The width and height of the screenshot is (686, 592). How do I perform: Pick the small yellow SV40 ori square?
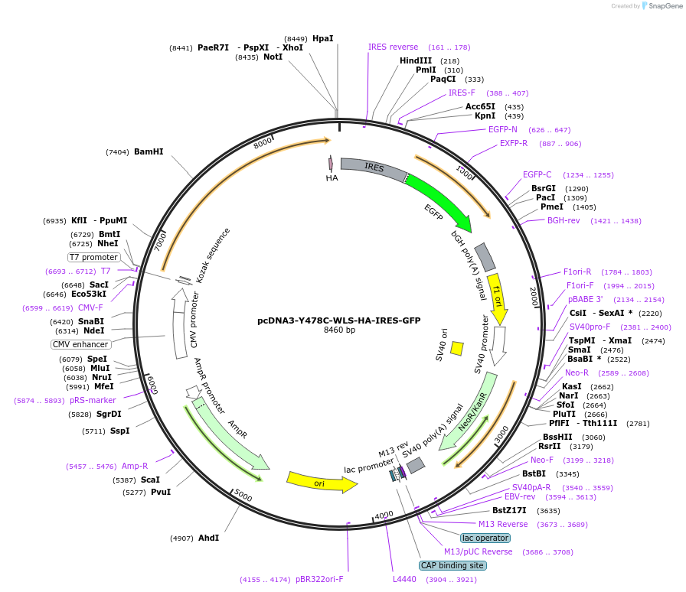click(x=456, y=348)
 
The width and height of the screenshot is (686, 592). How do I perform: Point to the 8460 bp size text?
click(x=339, y=330)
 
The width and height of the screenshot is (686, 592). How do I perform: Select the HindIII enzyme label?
click(x=416, y=61)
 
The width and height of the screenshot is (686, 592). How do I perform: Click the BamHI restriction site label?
click(x=149, y=152)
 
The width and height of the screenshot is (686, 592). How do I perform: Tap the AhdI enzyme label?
click(x=208, y=538)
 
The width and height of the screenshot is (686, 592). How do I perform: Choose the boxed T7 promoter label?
click(x=94, y=258)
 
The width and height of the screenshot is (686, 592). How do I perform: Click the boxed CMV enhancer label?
click(x=82, y=344)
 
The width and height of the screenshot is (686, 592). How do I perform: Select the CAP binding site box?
click(x=452, y=565)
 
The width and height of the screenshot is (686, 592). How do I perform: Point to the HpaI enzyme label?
click(x=323, y=38)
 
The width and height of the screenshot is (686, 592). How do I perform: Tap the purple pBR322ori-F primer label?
click(x=319, y=580)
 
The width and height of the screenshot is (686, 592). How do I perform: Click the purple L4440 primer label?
click(x=404, y=580)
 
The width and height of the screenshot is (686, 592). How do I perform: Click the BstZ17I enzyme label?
click(x=509, y=510)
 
